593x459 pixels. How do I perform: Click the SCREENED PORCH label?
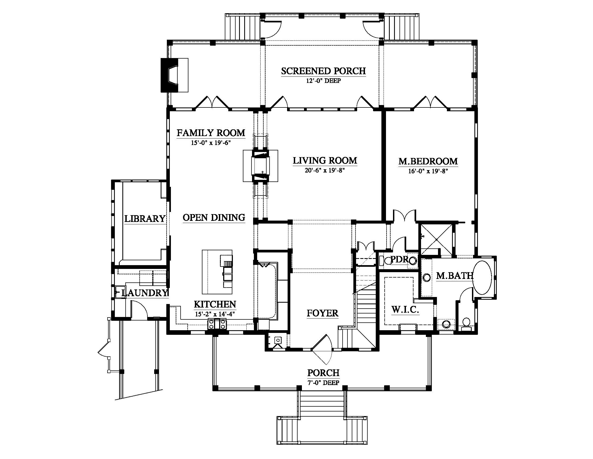[323, 71]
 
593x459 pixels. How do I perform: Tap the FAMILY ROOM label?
[211, 133]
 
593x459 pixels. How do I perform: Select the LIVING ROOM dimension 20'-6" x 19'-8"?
[325, 170]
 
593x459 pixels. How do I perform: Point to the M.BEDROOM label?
[428, 161]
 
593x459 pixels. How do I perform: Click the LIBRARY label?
[145, 218]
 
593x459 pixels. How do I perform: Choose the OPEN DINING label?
[214, 218]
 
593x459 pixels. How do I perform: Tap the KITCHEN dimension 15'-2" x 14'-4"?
[215, 314]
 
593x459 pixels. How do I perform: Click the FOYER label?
[323, 313]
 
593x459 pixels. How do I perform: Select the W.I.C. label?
[405, 309]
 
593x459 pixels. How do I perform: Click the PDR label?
[399, 259]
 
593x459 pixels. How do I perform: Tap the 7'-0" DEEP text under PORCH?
[323, 383]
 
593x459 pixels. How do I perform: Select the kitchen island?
[217, 272]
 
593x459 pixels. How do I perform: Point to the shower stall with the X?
[436, 239]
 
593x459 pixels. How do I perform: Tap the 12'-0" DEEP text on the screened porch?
[323, 81]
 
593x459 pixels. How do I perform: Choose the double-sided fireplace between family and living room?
[260, 166]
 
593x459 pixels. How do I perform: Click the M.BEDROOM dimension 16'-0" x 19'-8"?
[428, 171]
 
